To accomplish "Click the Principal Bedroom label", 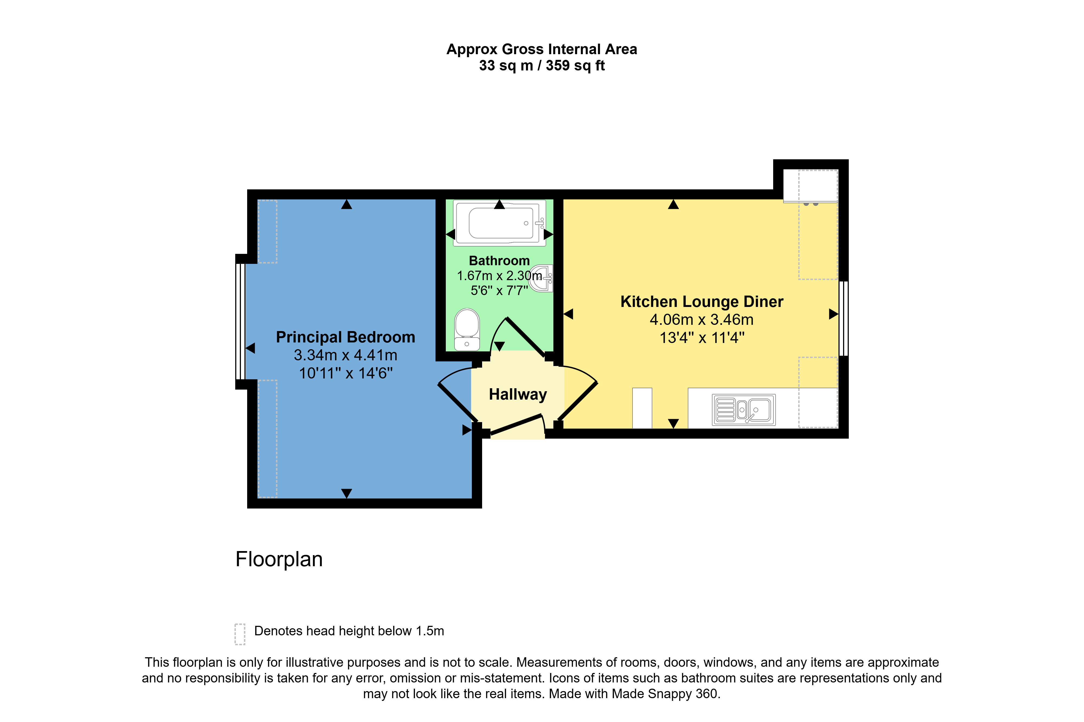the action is [x=345, y=337].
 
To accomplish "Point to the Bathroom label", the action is [x=499, y=261].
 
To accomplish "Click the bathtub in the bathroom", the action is [x=500, y=222].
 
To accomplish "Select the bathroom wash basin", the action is [x=541, y=278].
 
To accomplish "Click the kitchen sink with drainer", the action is [x=744, y=409].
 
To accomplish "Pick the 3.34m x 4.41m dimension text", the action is [x=345, y=355].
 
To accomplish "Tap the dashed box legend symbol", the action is [x=240, y=634].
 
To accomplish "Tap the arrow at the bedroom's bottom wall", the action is [x=346, y=493].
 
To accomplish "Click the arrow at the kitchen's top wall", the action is [x=673, y=204].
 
